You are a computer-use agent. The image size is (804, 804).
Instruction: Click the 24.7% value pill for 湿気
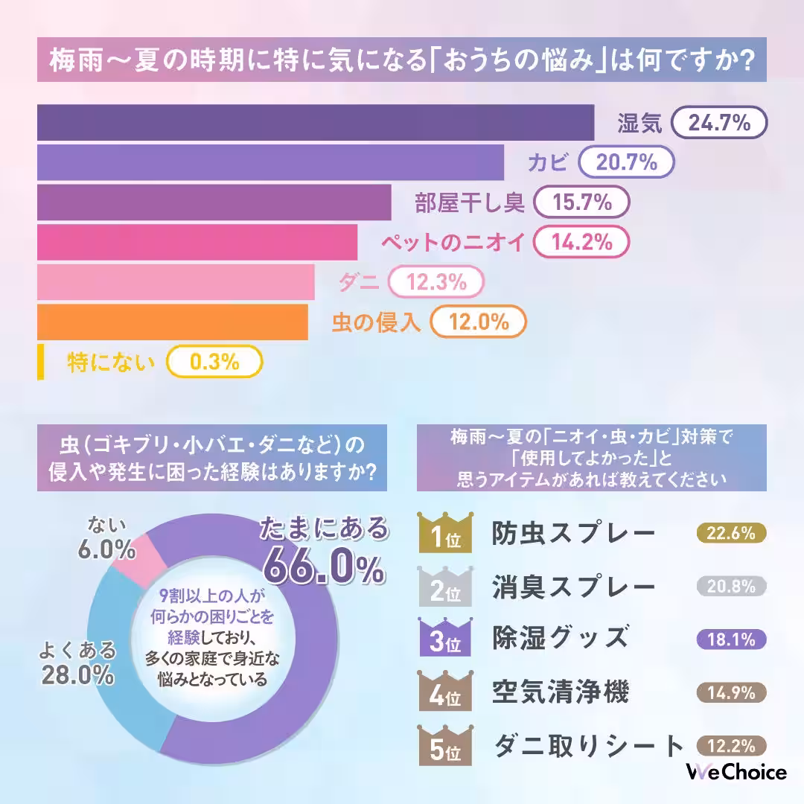pos(719,123)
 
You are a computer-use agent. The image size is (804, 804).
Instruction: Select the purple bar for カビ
pos(270,162)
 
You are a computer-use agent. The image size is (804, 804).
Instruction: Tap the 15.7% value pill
pos(582,202)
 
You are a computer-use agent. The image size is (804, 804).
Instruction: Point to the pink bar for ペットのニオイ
pos(197,242)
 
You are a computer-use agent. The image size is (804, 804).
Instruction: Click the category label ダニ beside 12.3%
pos(358,282)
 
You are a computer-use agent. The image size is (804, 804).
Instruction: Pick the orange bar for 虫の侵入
pos(172,322)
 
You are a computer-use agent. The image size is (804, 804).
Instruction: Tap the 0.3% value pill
pos(214,363)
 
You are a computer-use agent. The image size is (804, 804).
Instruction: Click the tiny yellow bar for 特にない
pos(40,363)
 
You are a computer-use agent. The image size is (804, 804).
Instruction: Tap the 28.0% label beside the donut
pos(77,676)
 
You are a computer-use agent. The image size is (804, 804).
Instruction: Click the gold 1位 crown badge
pos(444,533)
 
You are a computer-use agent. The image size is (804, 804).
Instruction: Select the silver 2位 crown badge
pos(444,587)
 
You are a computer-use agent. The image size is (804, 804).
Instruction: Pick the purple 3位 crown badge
pos(444,639)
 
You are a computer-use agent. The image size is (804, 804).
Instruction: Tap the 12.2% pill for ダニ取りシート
pos(731,745)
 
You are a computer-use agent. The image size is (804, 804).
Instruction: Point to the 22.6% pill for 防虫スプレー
pos(731,533)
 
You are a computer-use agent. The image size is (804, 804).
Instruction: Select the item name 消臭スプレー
pos(573,587)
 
